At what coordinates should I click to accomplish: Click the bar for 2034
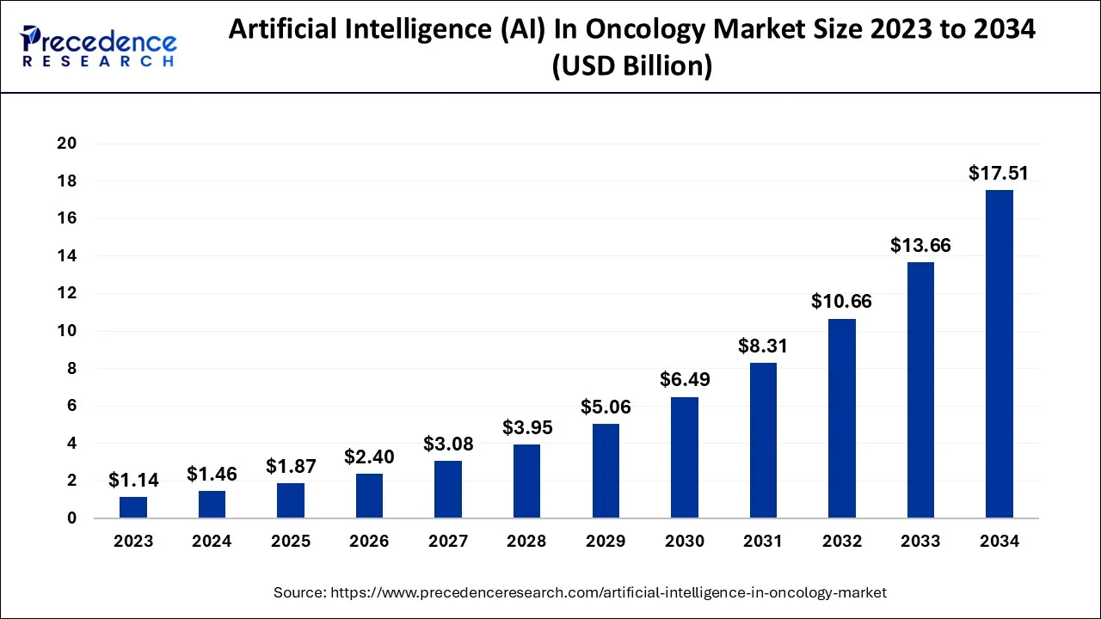pos(999,354)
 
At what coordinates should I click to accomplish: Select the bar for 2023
pos(133,507)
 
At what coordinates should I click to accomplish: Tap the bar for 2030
pos(685,457)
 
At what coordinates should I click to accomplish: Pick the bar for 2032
pos(842,419)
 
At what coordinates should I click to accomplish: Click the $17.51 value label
pos(999,174)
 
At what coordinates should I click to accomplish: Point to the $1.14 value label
pos(133,481)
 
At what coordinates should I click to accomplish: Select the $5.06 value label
pos(606,407)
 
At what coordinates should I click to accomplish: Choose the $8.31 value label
pos(763,346)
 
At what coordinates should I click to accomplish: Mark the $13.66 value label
pos(920,246)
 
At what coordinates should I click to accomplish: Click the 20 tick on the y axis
pos(67,144)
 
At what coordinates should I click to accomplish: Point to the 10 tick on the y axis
pos(67,331)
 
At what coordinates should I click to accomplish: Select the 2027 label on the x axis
pos(448,542)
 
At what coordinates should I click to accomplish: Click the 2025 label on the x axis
pos(291,542)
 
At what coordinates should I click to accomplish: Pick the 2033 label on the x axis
pos(920,542)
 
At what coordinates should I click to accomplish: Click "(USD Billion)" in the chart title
pos(631,65)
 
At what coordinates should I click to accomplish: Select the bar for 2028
pos(527,481)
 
